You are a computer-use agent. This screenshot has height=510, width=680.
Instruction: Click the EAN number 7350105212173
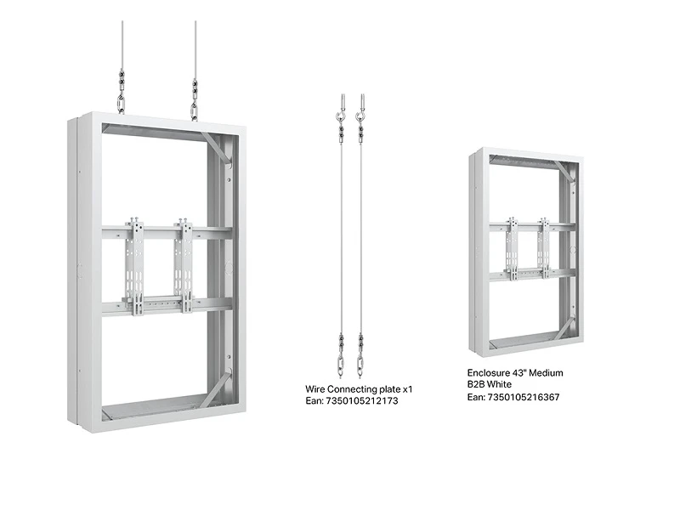pos(362,400)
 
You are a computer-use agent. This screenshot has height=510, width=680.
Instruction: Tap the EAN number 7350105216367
pos(524,397)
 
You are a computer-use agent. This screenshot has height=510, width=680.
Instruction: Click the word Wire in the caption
pos(314,389)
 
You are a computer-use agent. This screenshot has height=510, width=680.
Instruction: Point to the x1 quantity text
pos(408,389)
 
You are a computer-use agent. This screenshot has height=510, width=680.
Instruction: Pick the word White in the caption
pos(499,384)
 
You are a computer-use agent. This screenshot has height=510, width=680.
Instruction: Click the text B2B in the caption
pos(475,384)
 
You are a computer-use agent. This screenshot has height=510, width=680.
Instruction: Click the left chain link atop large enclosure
pos(122,105)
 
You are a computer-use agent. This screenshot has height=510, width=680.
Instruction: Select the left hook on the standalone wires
pos(341,116)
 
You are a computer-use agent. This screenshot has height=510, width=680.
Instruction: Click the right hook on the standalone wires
pos(360,116)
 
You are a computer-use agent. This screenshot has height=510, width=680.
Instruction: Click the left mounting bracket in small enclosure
pos(513,248)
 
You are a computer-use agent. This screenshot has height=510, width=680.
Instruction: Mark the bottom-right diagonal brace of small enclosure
pos(564,329)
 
